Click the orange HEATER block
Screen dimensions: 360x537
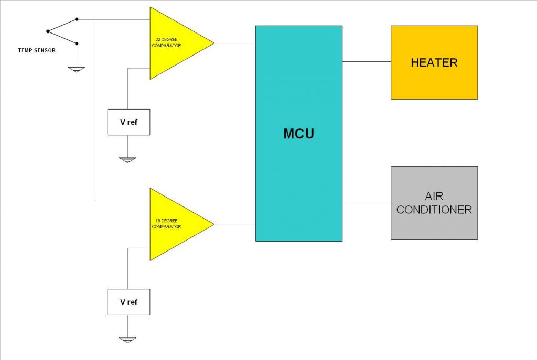[434, 62]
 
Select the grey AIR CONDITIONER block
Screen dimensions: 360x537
[434, 203]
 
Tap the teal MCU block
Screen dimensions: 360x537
[299, 133]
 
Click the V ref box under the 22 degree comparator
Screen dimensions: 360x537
[128, 122]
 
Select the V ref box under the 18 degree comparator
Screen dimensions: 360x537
[128, 302]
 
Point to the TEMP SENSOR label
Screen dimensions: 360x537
[37, 50]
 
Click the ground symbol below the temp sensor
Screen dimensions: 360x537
[77, 68]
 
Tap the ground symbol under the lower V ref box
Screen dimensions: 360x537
[127, 339]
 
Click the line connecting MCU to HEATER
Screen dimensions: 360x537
[367, 61]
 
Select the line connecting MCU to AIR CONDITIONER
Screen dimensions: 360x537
[367, 204]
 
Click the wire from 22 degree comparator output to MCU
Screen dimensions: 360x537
[235, 43]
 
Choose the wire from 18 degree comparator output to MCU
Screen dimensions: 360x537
[235, 224]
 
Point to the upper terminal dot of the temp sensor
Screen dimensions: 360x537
[77, 19]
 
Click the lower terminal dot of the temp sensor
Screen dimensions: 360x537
[77, 43]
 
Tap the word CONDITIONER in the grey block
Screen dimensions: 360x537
[434, 210]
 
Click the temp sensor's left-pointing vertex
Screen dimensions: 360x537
[47, 31]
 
